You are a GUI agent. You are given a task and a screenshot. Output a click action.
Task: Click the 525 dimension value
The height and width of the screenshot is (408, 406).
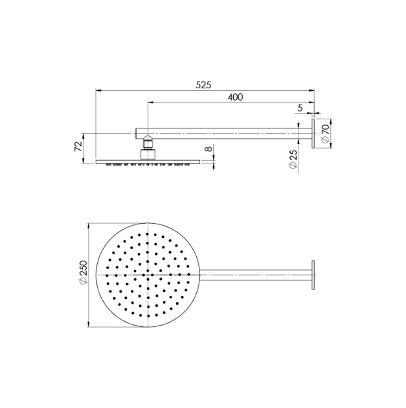coord(205,84)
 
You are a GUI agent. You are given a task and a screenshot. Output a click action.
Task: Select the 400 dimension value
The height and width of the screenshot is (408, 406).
coord(235,97)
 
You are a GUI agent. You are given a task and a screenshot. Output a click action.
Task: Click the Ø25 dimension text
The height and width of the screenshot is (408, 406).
coord(293,159)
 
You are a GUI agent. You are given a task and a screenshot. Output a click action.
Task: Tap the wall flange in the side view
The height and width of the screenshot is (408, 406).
coord(314,134)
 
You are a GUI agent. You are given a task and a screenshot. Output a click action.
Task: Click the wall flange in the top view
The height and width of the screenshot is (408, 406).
coord(314,274)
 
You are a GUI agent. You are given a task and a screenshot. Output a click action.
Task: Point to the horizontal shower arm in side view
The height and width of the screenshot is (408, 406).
coord(227,134)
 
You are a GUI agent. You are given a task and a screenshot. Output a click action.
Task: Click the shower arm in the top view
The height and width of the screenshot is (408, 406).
coord(259,274)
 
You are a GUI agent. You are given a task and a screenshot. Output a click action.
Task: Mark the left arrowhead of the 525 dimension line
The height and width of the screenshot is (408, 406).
coord(97,90)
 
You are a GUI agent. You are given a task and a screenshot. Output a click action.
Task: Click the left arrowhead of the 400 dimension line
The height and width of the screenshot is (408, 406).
coord(150,102)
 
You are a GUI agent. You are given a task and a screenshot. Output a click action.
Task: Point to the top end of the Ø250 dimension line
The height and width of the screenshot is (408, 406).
coord(89,224)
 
